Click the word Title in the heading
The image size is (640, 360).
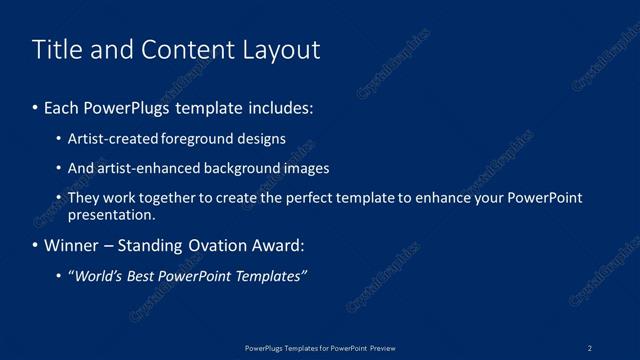[x=56, y=50]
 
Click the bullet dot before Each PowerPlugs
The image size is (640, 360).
[x=36, y=106]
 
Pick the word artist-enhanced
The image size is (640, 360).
[x=145, y=168]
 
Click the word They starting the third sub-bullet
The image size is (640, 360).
[x=83, y=198]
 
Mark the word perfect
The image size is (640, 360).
[x=307, y=198]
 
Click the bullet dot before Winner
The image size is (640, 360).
[x=36, y=245]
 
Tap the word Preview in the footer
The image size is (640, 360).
[x=383, y=348]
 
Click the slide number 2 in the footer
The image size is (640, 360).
[x=590, y=348]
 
